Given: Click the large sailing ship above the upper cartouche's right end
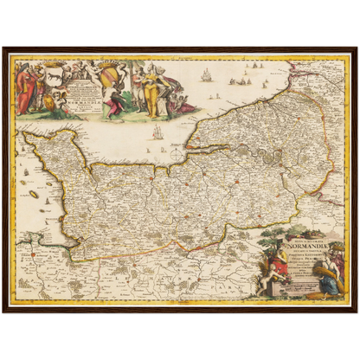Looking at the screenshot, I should tap(206, 76).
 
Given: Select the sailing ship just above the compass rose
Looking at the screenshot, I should tap(157, 132).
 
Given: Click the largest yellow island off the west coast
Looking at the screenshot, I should tap(34, 194).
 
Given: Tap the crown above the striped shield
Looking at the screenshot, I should tap(111, 65).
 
